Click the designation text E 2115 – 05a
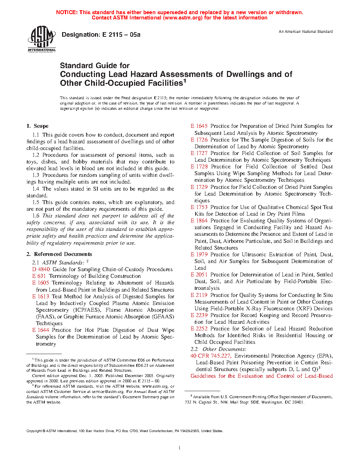(101, 35)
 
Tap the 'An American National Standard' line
(306, 32)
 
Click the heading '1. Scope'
(37, 126)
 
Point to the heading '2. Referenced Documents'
(59, 254)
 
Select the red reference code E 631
(39, 276)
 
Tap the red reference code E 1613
(41, 297)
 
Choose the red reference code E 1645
(199, 126)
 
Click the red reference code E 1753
(199, 207)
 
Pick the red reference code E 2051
(199, 275)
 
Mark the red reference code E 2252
(199, 329)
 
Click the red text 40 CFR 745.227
(210, 356)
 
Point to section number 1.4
(36, 189)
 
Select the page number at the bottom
(180, 448)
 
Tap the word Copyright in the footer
(34, 431)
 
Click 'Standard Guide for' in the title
(95, 66)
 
